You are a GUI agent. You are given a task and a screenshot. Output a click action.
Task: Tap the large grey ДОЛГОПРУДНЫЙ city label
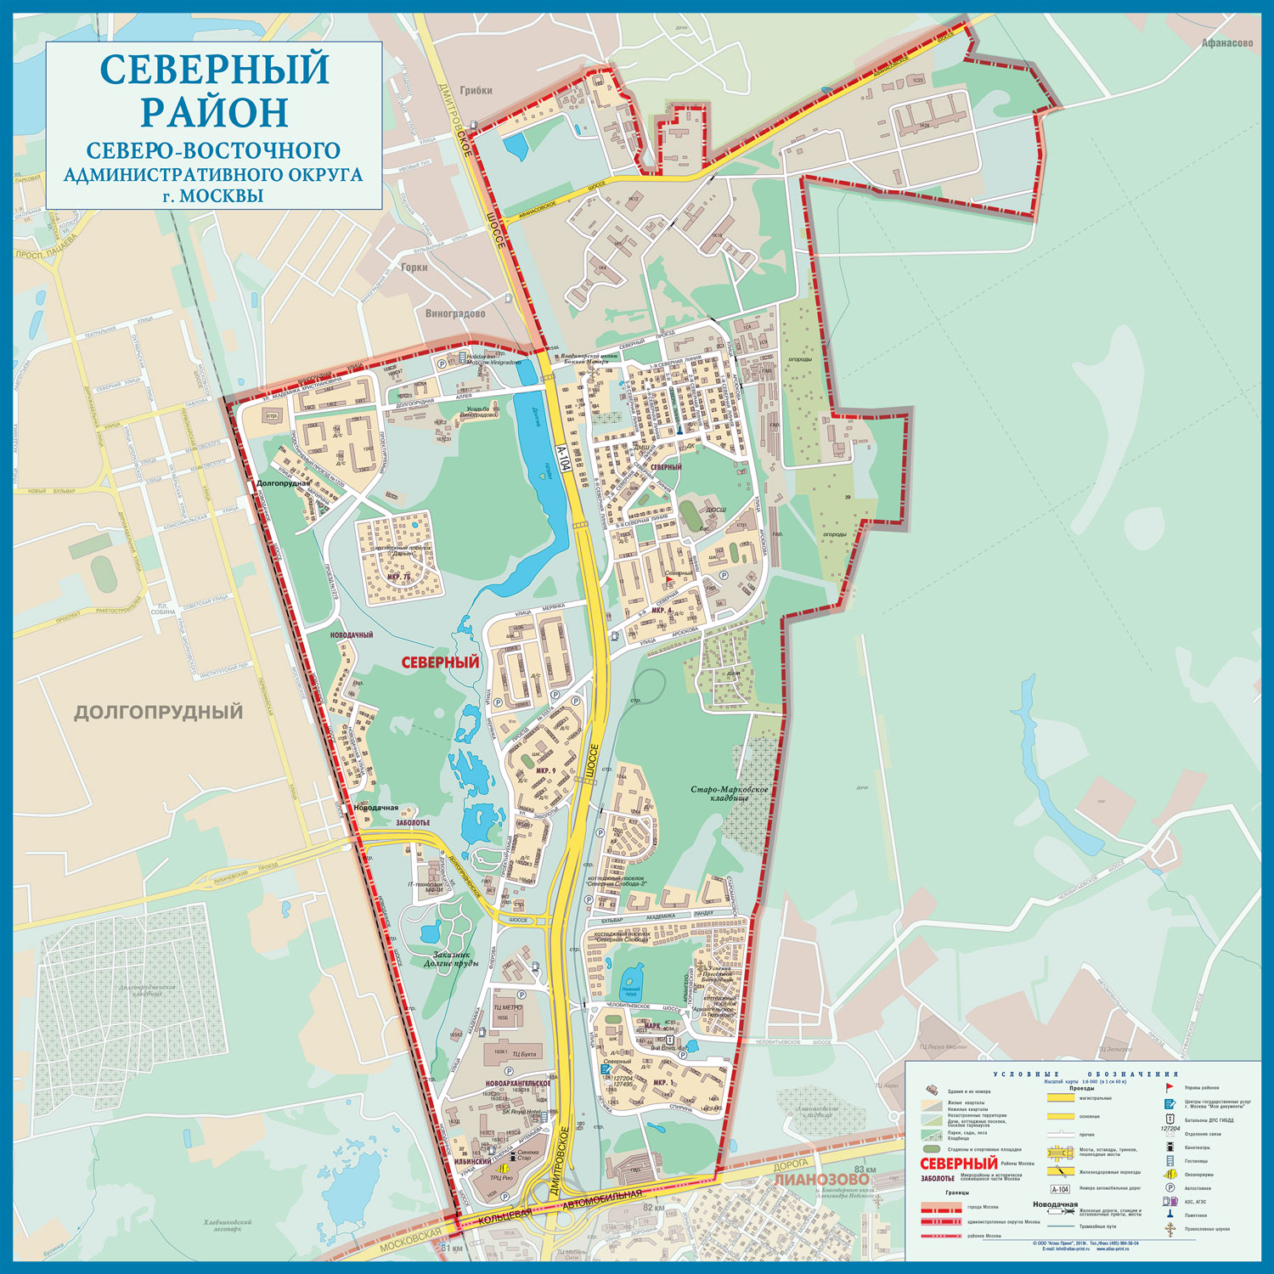click(x=158, y=712)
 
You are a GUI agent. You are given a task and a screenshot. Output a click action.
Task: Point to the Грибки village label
click(x=476, y=91)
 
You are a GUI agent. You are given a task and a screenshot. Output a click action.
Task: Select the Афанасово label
click(x=1227, y=43)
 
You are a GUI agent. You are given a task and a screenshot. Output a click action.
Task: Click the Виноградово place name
click(x=455, y=313)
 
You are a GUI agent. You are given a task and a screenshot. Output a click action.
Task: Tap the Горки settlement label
click(x=414, y=267)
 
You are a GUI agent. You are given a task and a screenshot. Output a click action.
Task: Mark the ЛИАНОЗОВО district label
click(x=821, y=1180)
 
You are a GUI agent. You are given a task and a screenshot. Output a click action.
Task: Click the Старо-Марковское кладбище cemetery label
click(x=729, y=794)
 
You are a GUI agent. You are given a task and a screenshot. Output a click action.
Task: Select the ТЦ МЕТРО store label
click(x=508, y=1007)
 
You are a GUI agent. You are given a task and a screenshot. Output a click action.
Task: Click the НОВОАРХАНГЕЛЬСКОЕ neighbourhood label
click(x=518, y=1084)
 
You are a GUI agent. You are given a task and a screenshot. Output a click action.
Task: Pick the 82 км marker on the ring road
click(x=654, y=1208)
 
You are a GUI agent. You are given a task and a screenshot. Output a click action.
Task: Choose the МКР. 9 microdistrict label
click(x=545, y=771)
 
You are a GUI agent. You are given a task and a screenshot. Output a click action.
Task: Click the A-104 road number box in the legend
click(x=1059, y=1190)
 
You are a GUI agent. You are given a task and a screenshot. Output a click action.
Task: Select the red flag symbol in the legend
click(x=1170, y=1086)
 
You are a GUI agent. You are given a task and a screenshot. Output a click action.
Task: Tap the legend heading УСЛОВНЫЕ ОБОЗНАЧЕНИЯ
click(x=1085, y=1074)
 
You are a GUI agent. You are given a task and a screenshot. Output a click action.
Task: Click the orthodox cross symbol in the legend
click(x=1170, y=1229)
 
